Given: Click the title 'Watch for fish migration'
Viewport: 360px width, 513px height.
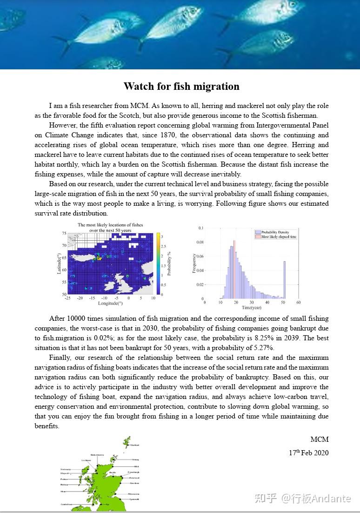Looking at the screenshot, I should point(181,87).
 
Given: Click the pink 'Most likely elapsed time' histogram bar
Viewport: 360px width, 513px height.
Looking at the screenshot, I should point(234,270).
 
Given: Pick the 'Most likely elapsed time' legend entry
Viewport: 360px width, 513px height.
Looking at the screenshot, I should point(278,236).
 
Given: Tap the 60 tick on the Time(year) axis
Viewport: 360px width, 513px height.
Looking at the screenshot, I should point(298,303).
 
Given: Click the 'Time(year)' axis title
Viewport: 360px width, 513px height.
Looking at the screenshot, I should point(252,308).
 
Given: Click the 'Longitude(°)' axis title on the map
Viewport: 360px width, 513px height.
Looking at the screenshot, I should point(110,303).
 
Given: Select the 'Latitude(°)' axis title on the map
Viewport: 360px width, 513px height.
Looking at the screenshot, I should point(59,263).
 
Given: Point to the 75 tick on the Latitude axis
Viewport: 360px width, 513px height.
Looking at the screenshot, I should point(64,233).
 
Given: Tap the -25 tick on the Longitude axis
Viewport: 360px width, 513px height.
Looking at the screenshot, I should point(67,298).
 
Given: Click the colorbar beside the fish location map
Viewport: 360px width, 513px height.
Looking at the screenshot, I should point(159,263).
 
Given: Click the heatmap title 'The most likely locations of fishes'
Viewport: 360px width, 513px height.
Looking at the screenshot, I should point(110,225).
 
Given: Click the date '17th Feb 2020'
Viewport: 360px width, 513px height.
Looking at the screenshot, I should point(308,452).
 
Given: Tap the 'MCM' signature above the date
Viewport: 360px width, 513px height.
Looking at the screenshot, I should point(320,439).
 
